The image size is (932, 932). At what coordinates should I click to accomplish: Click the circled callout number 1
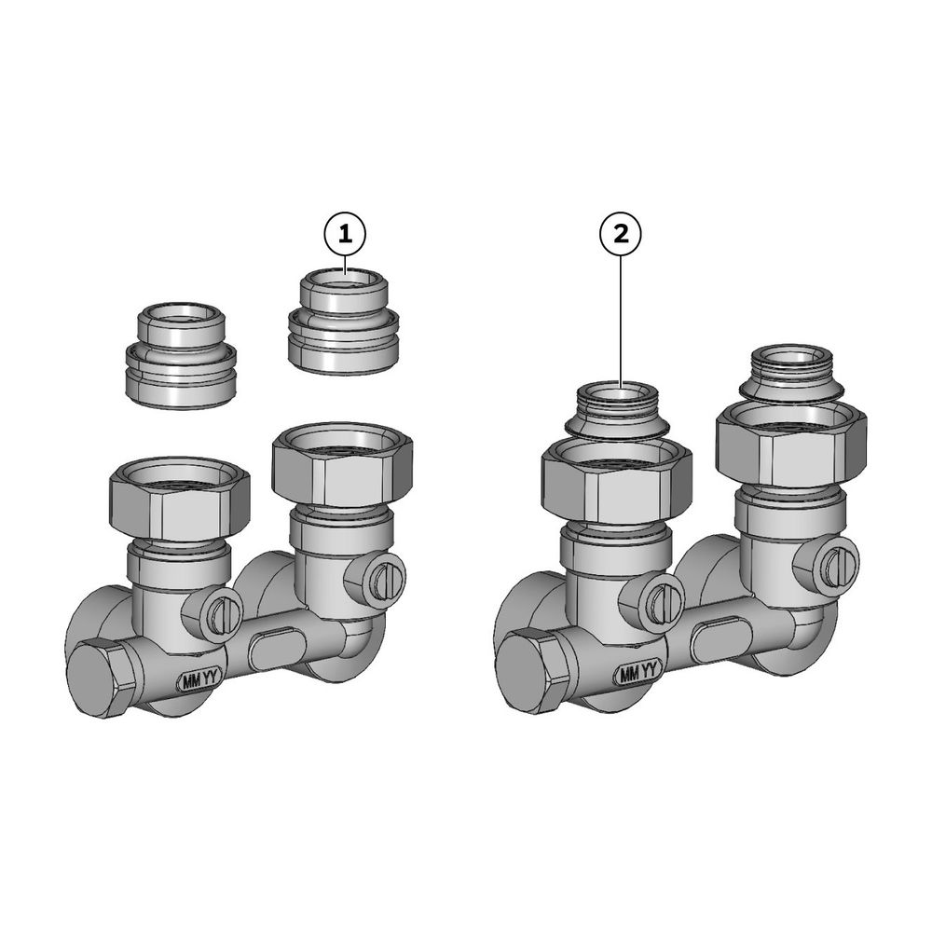(x=345, y=235)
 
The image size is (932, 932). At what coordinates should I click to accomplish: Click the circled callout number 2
(x=621, y=234)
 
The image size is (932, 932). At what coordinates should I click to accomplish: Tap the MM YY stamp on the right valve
(x=637, y=674)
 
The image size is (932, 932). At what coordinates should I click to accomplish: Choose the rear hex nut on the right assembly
(x=791, y=443)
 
